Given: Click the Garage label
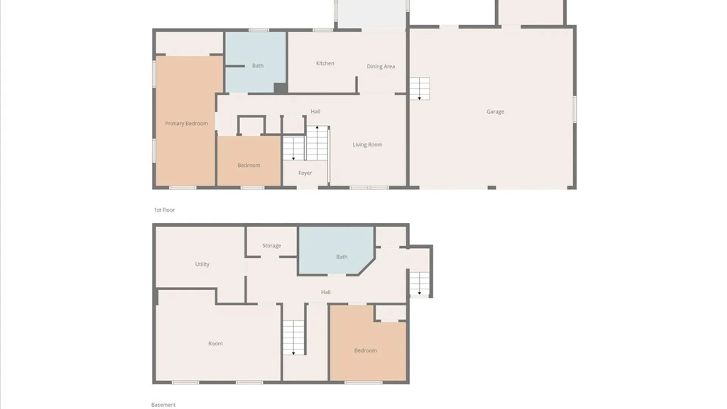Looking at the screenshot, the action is coord(495,112).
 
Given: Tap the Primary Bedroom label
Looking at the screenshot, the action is coord(186,123).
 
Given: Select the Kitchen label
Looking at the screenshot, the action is coord(325,63).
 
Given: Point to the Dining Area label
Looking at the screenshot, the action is coord(381,66).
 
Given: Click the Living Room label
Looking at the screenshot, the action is coord(367,145).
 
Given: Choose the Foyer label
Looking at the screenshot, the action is coord(305,173).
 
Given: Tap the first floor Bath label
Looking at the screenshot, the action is coord(257,66).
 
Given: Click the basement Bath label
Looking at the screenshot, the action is coord(342,257).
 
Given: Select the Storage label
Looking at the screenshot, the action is coord(271,246).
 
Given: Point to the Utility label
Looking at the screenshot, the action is coord(202,264).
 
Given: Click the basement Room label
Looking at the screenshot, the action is coord(215,343).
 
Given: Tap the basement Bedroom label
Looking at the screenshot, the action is coord(365,350).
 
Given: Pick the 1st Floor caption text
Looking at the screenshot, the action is coord(164,210).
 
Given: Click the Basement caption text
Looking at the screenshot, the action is coord(163,405).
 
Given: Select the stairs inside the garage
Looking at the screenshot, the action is coord(420,89).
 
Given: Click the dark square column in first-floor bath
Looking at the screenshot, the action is coord(280,88).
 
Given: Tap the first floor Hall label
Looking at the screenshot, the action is coord(315,111).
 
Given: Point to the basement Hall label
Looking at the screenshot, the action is coord(326,292).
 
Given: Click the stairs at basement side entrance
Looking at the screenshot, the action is coord(420,284).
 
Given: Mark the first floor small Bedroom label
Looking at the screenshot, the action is coord(249,165).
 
